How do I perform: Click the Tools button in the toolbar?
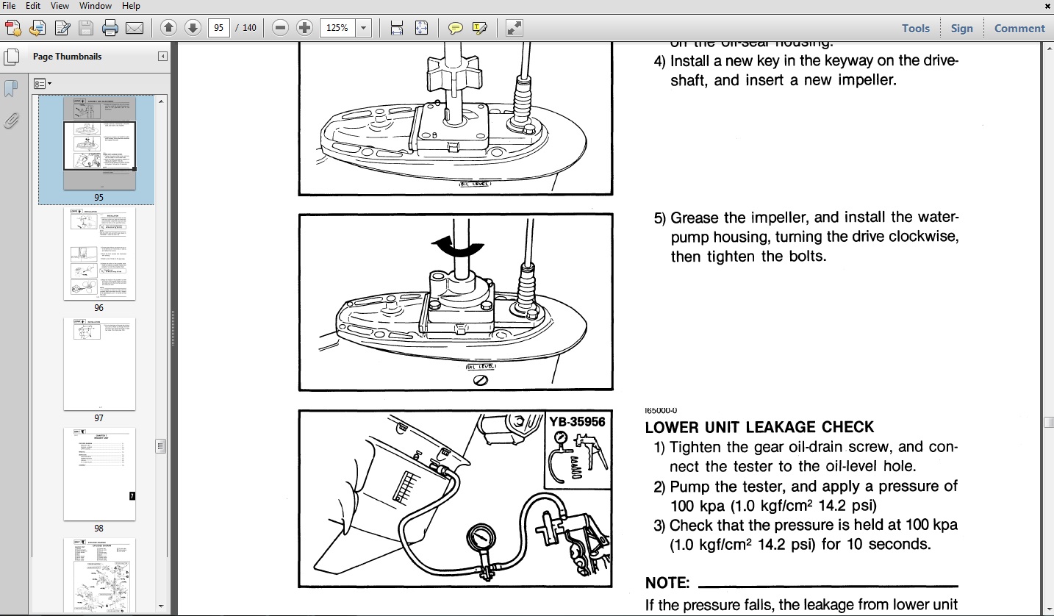click(915, 28)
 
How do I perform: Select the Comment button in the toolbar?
click(1019, 28)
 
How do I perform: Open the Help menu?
click(131, 6)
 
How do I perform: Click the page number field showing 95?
click(219, 28)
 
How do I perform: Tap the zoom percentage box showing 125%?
click(337, 28)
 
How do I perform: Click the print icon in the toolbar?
click(110, 28)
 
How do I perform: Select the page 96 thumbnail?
click(99, 254)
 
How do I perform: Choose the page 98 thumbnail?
click(99, 474)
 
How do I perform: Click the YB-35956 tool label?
click(577, 422)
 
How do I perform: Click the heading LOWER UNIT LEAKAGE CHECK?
click(759, 427)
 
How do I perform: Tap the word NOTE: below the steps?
click(667, 583)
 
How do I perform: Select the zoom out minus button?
click(280, 28)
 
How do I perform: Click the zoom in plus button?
click(304, 28)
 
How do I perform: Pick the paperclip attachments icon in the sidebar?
click(11, 121)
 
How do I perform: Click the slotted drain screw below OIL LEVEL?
click(480, 380)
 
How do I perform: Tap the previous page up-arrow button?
click(168, 28)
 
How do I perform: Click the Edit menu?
click(33, 6)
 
